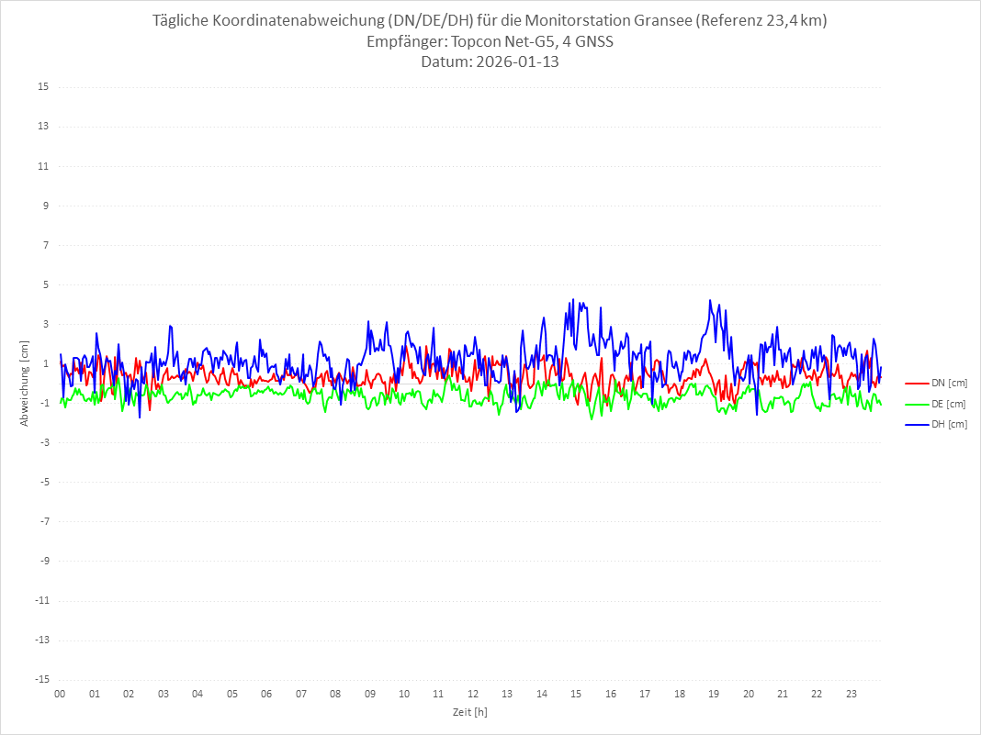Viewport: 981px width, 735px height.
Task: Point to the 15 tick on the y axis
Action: click(43, 87)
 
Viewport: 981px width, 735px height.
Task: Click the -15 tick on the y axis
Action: click(41, 680)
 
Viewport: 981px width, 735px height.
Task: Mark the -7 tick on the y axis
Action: click(43, 521)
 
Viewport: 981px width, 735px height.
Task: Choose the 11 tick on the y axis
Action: click(43, 166)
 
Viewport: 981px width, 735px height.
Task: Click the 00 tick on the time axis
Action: click(60, 694)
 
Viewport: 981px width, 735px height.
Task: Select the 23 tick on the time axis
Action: click(851, 694)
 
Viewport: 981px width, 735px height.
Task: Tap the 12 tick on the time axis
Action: click(473, 694)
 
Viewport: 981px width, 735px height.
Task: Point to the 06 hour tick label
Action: click(266, 694)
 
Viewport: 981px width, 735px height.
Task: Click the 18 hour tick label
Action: click(680, 694)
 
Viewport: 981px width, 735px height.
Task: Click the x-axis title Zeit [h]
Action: click(470, 712)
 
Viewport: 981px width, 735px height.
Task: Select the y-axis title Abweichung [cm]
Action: click(25, 384)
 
